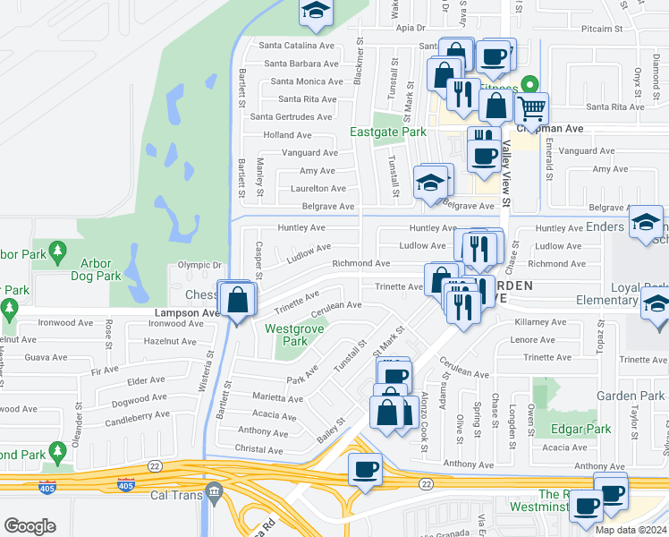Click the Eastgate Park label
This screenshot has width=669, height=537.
(x=388, y=132)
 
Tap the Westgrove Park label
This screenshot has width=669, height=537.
(x=287, y=335)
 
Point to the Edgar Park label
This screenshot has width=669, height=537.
(x=581, y=429)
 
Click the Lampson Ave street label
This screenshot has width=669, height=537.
(x=186, y=313)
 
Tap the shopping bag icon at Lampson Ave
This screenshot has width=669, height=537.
(x=238, y=300)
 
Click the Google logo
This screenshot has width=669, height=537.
(x=30, y=526)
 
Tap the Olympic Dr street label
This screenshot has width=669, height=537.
(x=199, y=265)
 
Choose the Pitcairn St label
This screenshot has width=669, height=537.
(x=601, y=29)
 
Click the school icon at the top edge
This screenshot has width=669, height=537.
(x=315, y=10)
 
